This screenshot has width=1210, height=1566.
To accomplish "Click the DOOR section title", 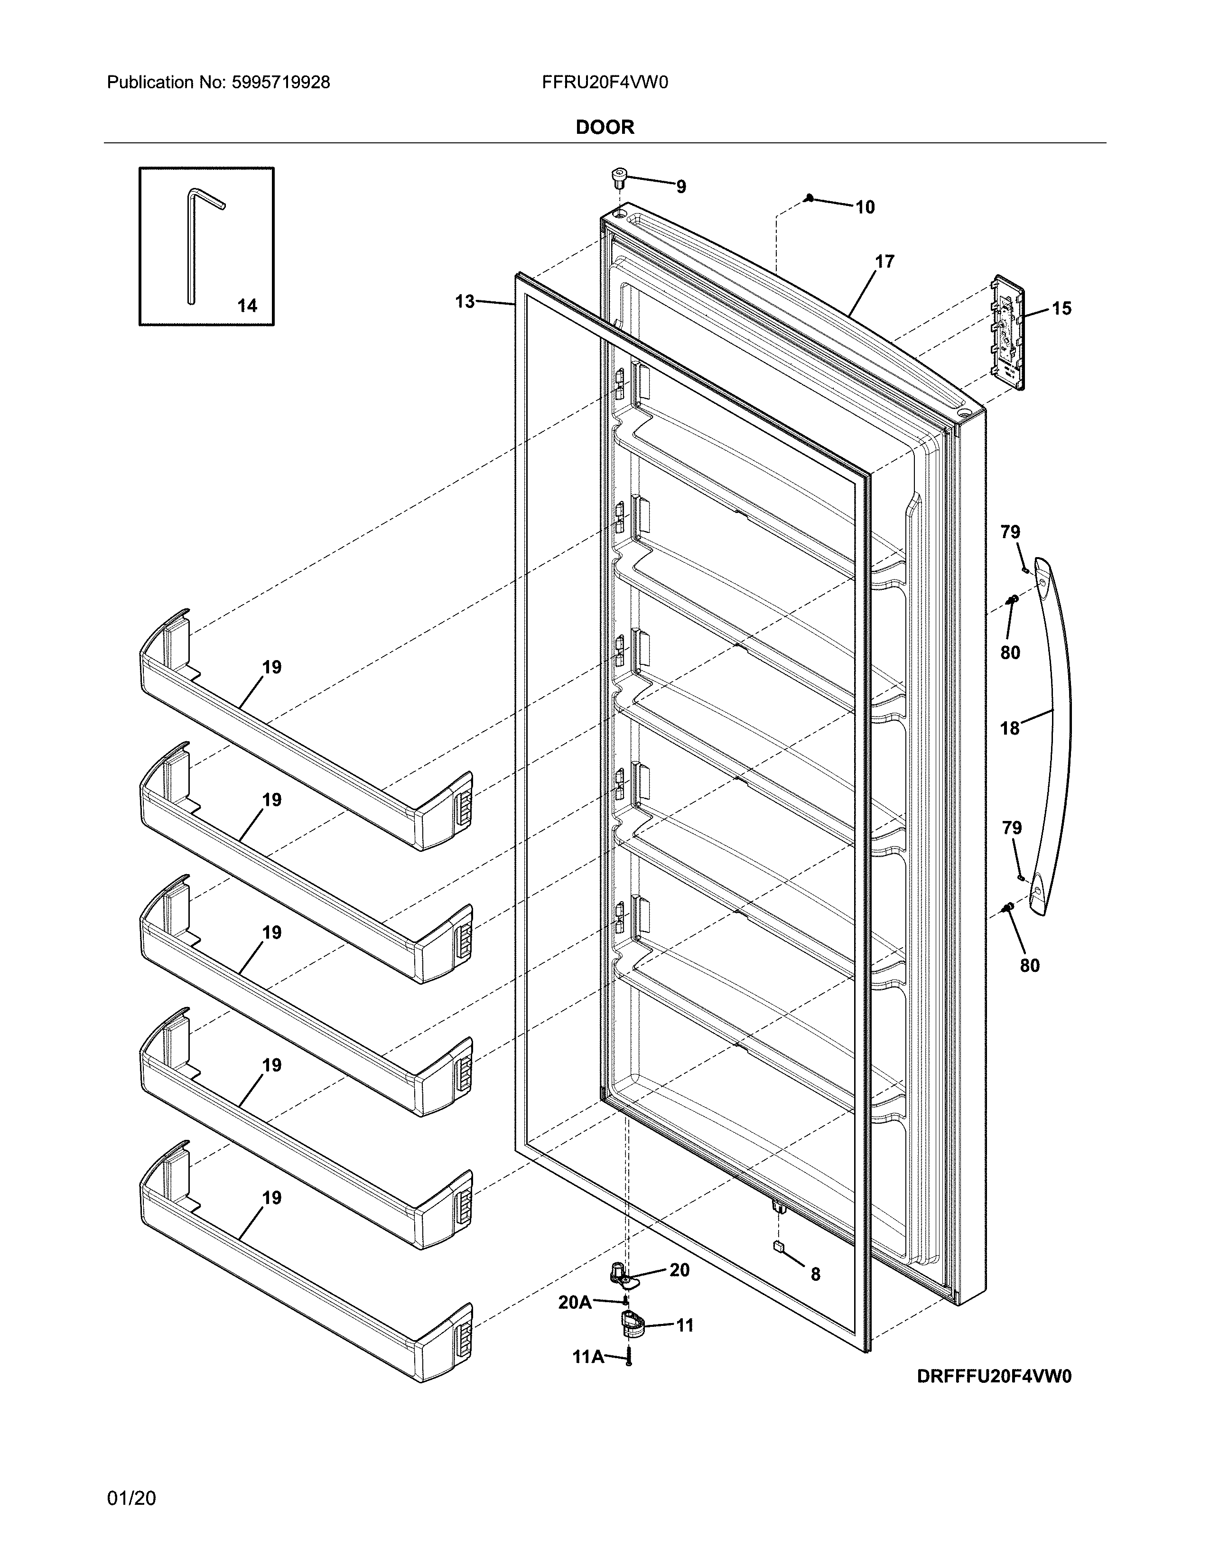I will click(604, 128).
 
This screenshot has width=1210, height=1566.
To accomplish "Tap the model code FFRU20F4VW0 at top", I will click(604, 83).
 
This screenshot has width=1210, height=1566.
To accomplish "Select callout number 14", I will click(247, 306).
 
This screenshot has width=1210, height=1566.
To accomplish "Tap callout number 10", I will click(865, 207).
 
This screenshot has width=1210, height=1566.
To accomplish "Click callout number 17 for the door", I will click(884, 262).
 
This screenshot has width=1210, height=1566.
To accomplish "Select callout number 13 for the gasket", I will click(465, 302).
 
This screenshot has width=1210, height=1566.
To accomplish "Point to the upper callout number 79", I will click(1010, 532).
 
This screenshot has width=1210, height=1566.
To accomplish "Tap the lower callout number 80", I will click(1029, 966).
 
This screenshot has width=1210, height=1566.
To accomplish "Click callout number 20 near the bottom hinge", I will click(679, 1270).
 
